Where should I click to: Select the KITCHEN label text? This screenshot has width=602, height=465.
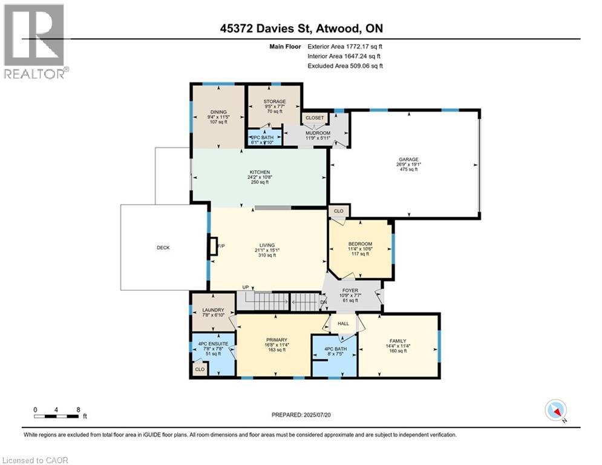click(x=260, y=173)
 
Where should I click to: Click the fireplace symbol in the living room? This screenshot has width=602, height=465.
click(x=212, y=246)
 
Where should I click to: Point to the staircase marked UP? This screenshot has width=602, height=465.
click(x=261, y=301)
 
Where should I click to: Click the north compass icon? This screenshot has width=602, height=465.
click(x=555, y=411)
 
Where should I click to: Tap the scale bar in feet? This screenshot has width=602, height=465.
click(x=57, y=416)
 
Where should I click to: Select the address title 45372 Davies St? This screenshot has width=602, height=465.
click(x=301, y=28)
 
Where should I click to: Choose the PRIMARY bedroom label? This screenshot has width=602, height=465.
click(x=276, y=340)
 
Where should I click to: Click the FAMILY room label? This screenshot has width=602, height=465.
click(x=398, y=341)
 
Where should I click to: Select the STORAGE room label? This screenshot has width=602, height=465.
click(x=274, y=102)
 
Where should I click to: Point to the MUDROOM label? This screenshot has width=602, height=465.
click(x=317, y=133)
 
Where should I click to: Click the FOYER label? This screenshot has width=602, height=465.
click(x=350, y=291)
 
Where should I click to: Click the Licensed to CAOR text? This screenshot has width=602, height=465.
click(x=34, y=460)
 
